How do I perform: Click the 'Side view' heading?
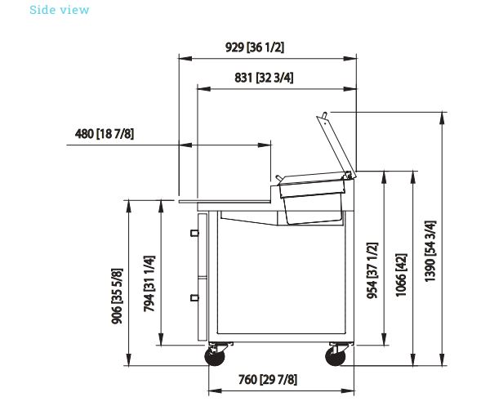tap(59, 10)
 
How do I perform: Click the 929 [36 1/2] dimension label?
tap(255, 47)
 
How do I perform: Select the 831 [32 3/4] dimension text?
tap(264, 78)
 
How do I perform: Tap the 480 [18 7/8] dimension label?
tap(105, 134)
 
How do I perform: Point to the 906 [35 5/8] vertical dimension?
tap(117, 297)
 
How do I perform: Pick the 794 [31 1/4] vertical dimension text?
tap(149, 283)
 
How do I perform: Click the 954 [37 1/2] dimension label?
tap(372, 270)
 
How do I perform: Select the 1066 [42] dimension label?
tap(401, 275)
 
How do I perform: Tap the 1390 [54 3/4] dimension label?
tap(430, 251)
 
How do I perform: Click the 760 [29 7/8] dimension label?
tap(268, 380)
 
